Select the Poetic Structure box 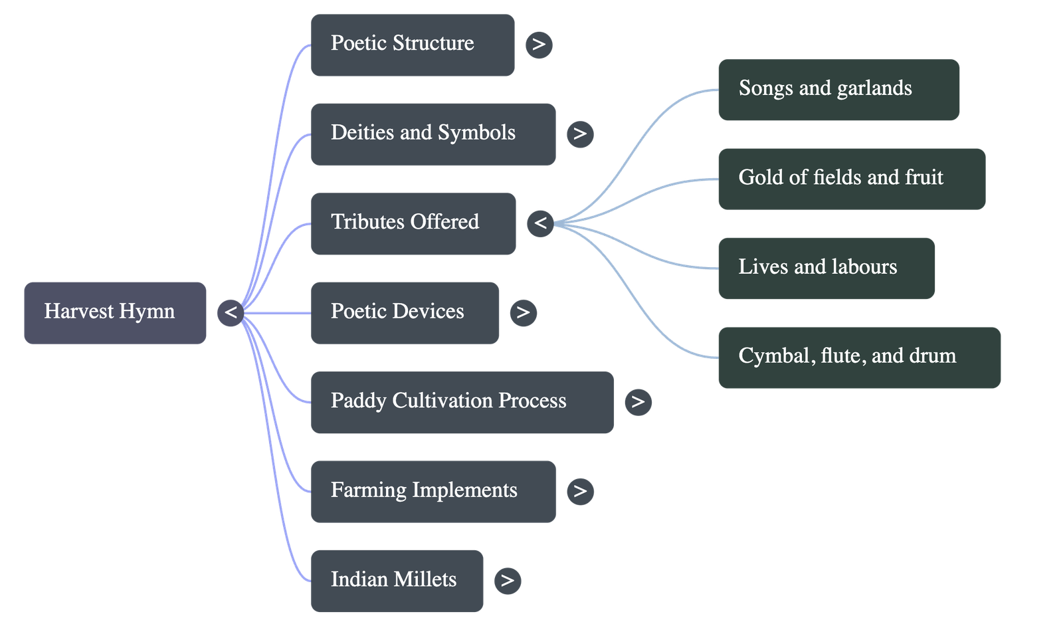point(412,45)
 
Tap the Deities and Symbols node point(433,134)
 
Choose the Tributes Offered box point(413,223)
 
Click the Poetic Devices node point(405,312)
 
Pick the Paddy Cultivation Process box point(462,402)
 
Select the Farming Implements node point(433,491)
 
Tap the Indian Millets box point(397,580)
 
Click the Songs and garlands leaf point(838,89)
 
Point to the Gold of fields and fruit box point(851,178)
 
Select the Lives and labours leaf point(826,268)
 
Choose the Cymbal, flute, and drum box point(859,357)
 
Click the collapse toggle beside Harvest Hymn point(231,312)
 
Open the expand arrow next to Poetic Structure point(539,45)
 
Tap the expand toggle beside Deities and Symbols point(580,134)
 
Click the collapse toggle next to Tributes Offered point(541,223)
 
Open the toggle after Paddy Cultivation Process point(638,402)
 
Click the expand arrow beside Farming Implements point(580,491)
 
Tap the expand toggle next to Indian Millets point(508,580)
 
